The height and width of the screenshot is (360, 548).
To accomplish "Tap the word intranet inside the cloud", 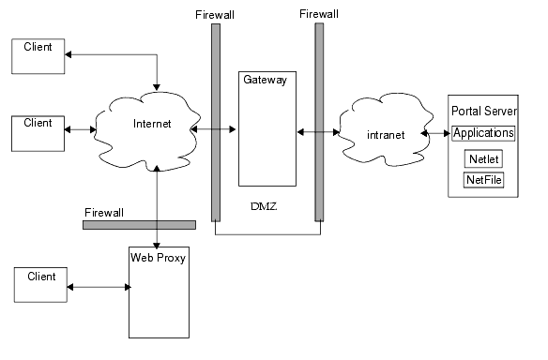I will click(x=387, y=135).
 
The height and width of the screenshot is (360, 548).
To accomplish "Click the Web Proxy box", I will click(x=159, y=292).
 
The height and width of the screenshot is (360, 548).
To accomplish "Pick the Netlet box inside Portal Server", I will click(x=484, y=157).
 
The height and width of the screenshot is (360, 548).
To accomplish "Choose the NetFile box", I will click(x=484, y=178).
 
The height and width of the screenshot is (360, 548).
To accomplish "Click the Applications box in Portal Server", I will click(x=483, y=133).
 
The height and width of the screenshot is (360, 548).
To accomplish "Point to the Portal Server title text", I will click(x=483, y=111).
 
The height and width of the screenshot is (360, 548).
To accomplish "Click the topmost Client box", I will click(x=38, y=55).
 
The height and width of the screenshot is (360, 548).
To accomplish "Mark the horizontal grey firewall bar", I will click(x=139, y=225).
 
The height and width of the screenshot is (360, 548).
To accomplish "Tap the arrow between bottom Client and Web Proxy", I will click(x=99, y=287).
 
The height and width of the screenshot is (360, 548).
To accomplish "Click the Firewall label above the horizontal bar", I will click(x=105, y=212).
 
